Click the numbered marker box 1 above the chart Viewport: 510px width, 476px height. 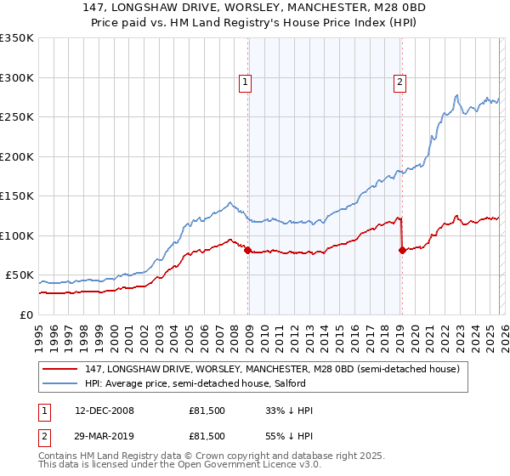coord(245,82)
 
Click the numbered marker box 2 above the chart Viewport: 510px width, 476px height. coord(399,82)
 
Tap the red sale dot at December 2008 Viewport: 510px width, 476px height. coord(247,250)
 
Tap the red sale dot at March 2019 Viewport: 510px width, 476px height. coord(402,250)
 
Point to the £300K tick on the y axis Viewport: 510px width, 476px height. coord(17,77)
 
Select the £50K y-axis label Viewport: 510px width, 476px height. coord(20,275)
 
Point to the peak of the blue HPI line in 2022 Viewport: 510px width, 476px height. coord(457,94)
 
